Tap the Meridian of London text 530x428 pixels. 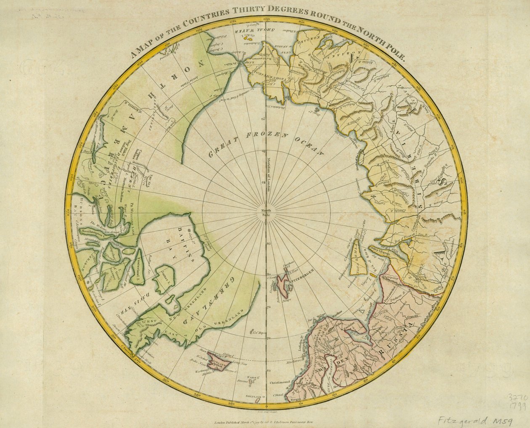pyautogui.click(x=268, y=174)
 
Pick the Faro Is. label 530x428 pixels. pyautogui.click(x=253, y=378)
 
